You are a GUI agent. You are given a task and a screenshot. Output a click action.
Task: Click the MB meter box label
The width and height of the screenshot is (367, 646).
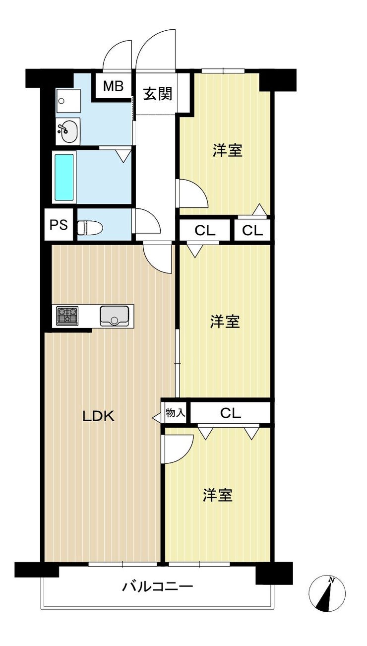[114, 86]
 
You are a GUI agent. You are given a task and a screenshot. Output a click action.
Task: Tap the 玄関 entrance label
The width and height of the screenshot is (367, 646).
[158, 94]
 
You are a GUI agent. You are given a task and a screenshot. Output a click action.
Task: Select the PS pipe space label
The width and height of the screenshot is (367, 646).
[59, 225]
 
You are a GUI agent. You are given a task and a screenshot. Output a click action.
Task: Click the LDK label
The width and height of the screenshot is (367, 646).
[99, 416]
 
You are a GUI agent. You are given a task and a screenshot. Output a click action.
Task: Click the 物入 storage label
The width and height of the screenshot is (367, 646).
[175, 413]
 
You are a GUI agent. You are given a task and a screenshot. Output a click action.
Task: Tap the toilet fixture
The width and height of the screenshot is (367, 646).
[90, 228]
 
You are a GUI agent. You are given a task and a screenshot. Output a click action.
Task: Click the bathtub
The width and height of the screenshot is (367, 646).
[64, 177]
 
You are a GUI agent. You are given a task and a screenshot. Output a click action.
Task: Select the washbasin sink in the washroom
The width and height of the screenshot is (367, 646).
[68, 131]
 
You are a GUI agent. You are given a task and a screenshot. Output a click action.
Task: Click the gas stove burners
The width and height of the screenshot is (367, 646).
[68, 315]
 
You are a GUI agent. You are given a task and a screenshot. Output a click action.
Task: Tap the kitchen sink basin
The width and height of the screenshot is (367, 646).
[114, 316]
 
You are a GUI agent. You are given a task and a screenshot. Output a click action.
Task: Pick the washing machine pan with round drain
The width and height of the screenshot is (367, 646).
[68, 101]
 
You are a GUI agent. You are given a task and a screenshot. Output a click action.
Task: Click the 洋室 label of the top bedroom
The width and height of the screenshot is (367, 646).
[228, 150]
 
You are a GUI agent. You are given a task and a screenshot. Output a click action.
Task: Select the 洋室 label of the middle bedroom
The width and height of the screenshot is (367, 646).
[225, 322]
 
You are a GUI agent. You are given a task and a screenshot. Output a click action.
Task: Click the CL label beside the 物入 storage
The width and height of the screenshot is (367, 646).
[230, 413]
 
